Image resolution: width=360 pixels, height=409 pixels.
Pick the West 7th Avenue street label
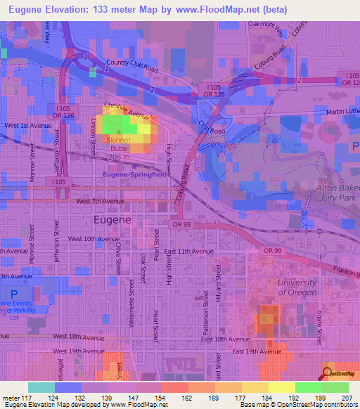pos(100,201)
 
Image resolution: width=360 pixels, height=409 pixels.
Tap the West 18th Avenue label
pos(77,337)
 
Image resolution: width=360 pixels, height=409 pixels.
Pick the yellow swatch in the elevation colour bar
pos(281,387)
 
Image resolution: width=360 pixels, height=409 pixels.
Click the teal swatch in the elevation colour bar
pos(41,387)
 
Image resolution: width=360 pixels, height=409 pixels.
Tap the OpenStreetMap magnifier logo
pos(330,372)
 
